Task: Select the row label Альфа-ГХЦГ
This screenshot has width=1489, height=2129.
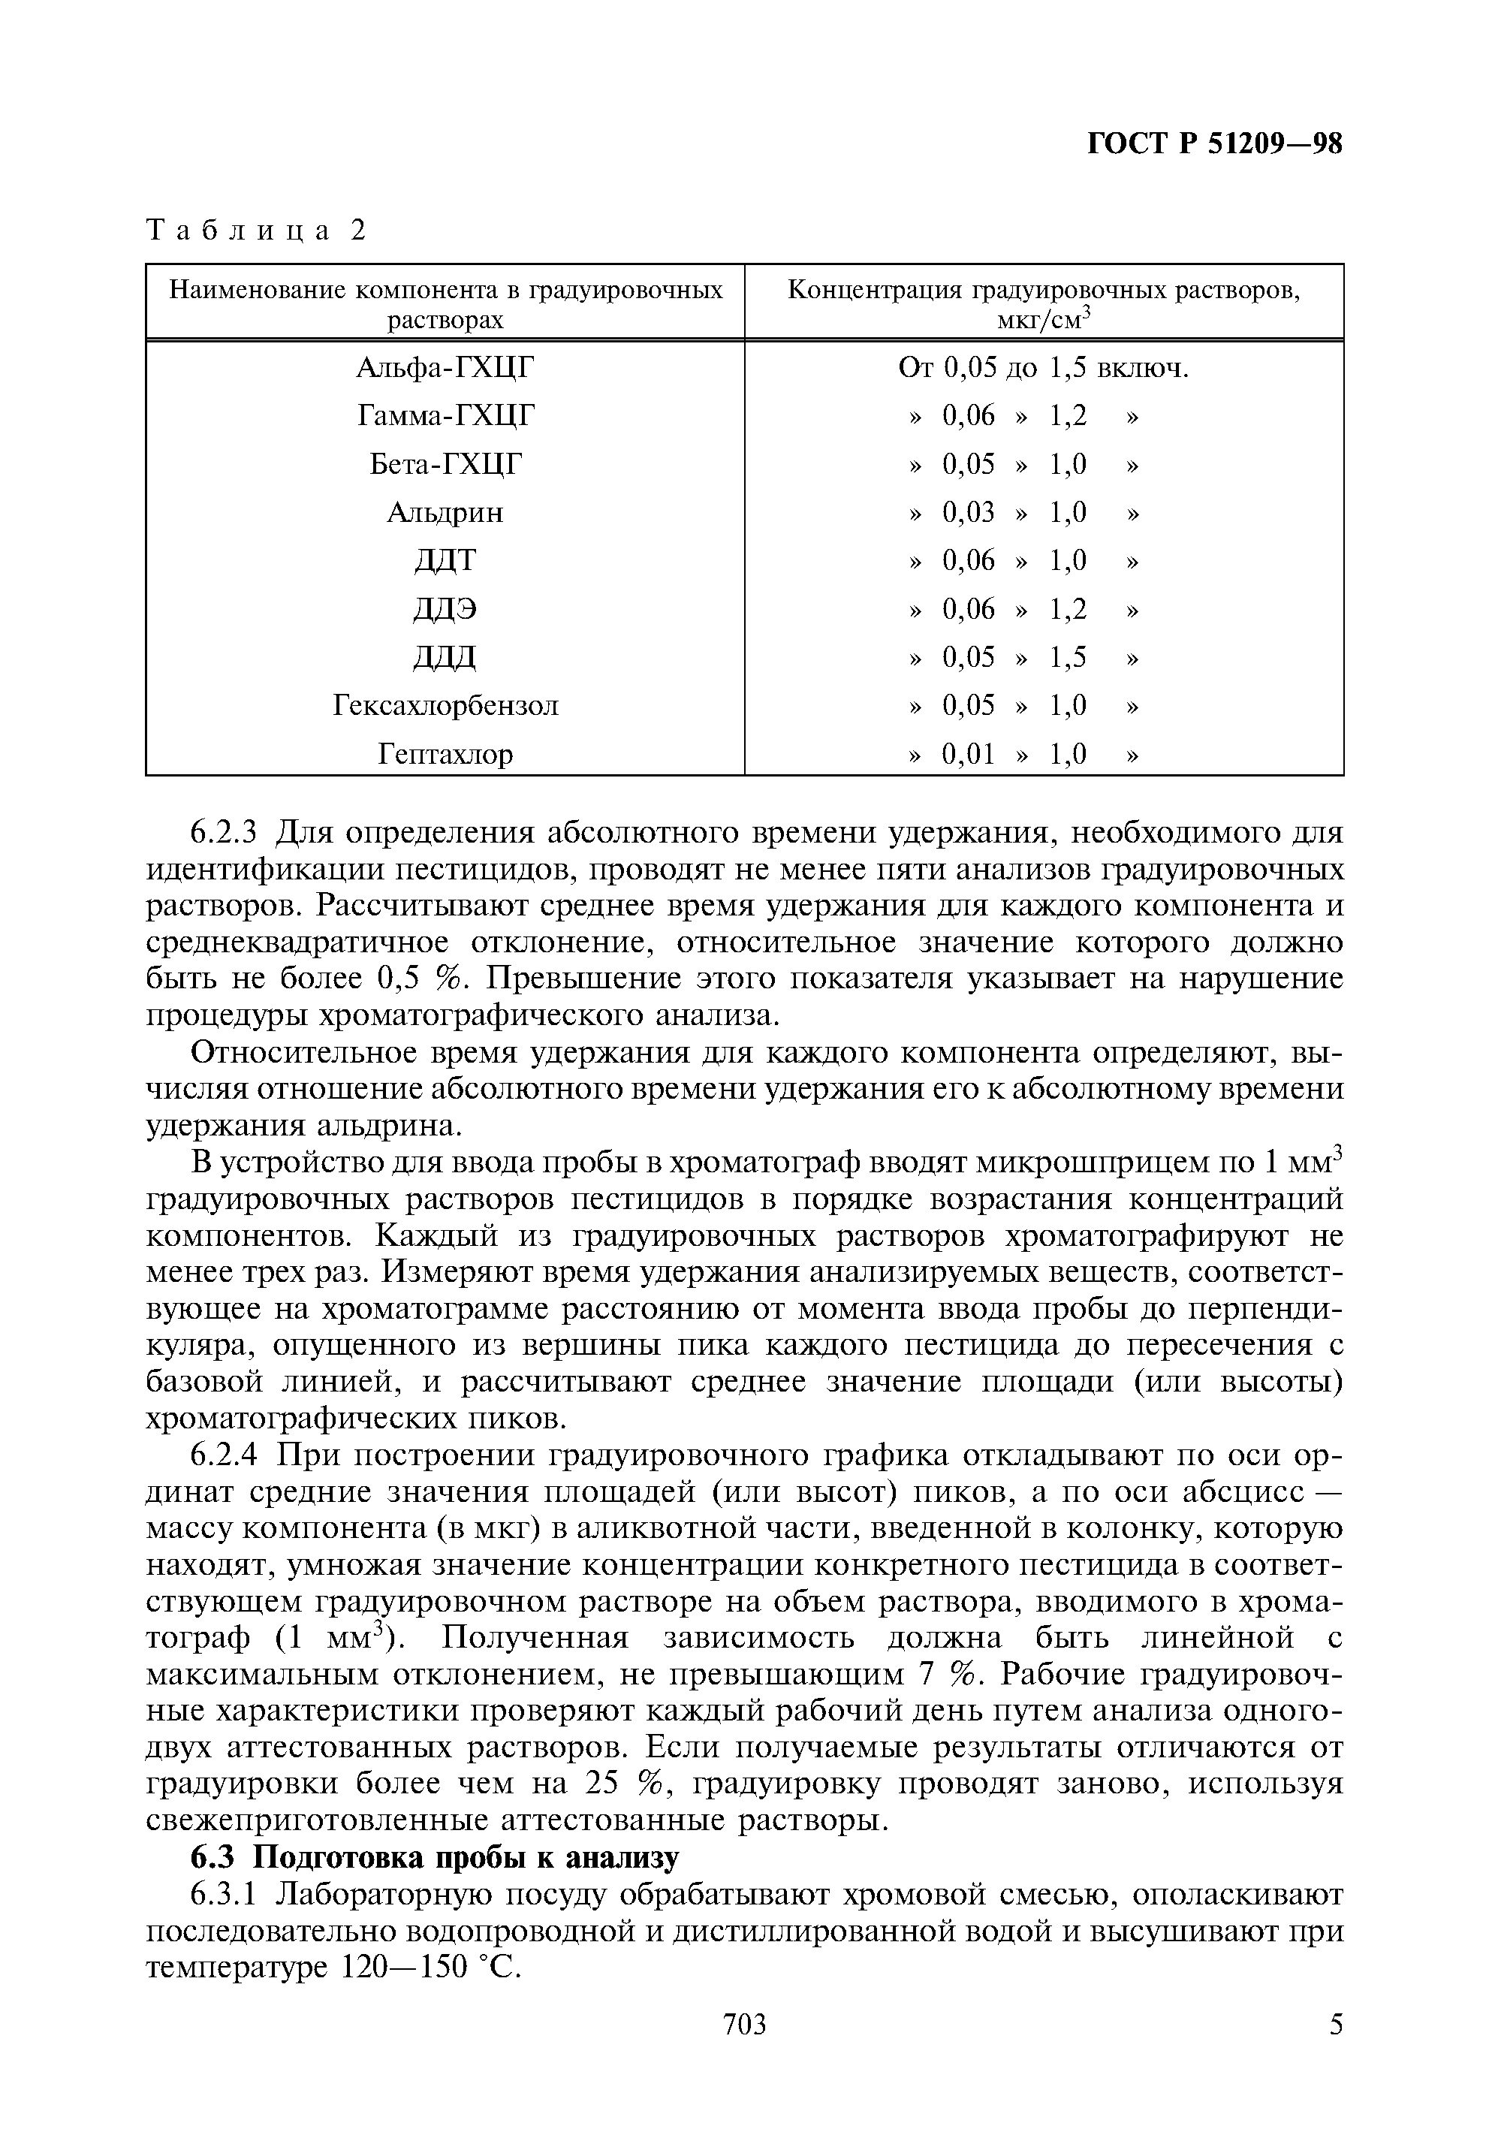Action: [x=446, y=368]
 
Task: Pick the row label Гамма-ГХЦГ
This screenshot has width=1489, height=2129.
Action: [x=446, y=415]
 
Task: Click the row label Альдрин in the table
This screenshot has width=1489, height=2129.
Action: [x=445, y=512]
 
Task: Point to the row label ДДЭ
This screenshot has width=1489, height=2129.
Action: [x=445, y=608]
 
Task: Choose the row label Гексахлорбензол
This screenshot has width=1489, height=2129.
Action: [x=445, y=706]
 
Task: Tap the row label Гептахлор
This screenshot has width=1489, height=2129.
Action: [x=445, y=754]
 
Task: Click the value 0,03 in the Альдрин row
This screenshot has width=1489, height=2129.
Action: [x=968, y=512]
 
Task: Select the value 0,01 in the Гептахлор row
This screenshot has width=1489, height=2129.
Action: [x=968, y=754]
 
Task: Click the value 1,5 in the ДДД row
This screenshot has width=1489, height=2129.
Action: [x=1067, y=657]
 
